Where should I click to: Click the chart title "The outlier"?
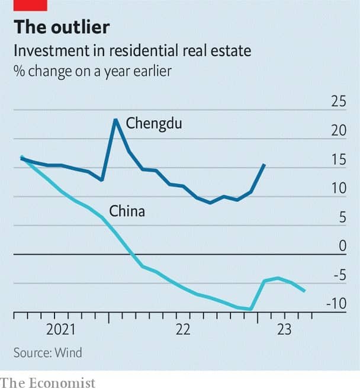pos(62,27)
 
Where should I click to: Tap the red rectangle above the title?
pos(30,5)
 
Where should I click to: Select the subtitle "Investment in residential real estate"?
pos(133,51)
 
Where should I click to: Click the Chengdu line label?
pos(153,124)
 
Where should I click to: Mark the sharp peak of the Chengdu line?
pos(115,120)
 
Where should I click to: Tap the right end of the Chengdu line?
pos(264,165)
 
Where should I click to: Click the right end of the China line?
pos(304,291)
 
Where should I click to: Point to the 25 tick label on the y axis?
pos(338,102)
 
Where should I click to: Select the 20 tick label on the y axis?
pos(338,131)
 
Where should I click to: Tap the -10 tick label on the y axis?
pos(336,304)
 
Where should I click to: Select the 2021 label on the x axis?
pos(62,330)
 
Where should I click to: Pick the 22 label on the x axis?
pos(183,330)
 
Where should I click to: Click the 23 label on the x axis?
pos(284,330)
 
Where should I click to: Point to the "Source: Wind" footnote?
pos(48,353)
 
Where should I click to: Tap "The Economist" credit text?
pos(48,383)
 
